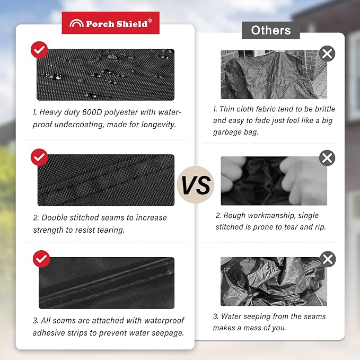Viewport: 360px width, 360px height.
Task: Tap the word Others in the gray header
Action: click(x=271, y=30)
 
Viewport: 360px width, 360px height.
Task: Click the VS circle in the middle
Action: click(x=196, y=185)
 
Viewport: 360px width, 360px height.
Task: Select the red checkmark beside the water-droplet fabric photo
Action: click(x=39, y=50)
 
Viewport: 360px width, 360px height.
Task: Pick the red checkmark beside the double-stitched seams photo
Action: click(x=39, y=157)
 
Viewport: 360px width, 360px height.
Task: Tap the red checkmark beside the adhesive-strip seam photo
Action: click(x=41, y=259)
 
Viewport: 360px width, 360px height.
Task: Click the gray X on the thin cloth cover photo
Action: click(x=327, y=54)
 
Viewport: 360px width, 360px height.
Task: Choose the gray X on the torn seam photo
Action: click(x=327, y=158)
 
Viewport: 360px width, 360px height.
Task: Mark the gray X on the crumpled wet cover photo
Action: click(x=328, y=259)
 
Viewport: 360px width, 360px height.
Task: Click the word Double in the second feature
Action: click(x=55, y=218)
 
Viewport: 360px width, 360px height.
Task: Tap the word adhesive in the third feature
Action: click(x=49, y=333)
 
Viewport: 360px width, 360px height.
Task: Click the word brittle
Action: click(x=325, y=109)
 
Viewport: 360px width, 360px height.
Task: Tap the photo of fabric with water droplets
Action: click(x=106, y=75)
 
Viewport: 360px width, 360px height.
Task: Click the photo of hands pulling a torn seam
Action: click(x=274, y=181)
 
